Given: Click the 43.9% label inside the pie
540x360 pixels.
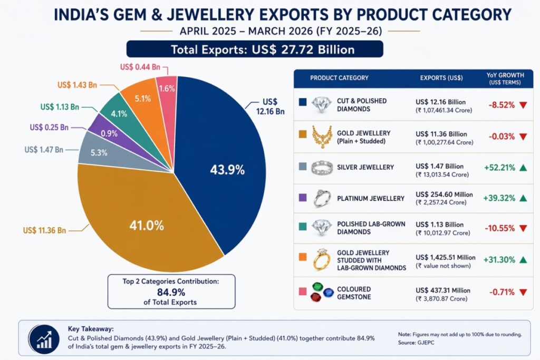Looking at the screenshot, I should (227, 170).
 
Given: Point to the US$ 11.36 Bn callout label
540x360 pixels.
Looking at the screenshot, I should (45, 230).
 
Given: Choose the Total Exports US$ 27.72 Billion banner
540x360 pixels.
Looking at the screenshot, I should (254, 50).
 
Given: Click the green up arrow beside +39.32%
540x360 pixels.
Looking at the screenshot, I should (523, 198).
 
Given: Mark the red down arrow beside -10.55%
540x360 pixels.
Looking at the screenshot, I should (523, 229).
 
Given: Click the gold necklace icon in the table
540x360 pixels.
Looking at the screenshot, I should (320, 137).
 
